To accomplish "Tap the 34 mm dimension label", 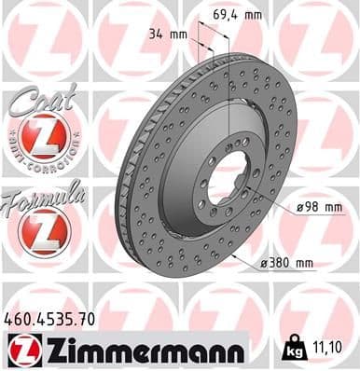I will pos(168,34).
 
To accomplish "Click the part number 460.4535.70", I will pos(49,319).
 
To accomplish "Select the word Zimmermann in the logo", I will pos(142,349).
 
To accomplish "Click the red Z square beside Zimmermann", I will pos(21,349).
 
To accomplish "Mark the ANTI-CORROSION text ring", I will pos(44,159).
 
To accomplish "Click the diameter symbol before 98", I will pos(303,206).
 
